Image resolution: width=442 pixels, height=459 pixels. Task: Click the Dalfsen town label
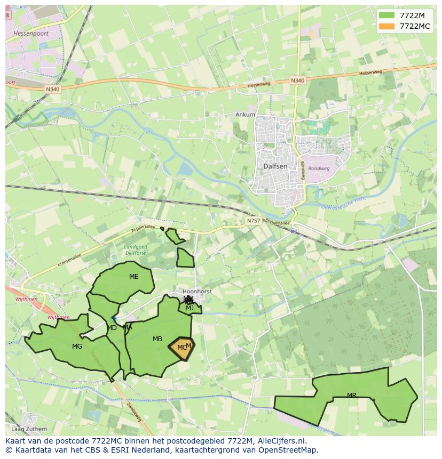276,166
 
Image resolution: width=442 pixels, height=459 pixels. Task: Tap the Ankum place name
246,115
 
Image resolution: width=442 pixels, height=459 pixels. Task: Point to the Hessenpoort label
28,32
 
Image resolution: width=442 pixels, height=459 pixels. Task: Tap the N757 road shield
252,220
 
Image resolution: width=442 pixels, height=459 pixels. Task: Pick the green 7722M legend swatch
387,15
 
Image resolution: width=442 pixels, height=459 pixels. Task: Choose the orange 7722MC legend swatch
387,26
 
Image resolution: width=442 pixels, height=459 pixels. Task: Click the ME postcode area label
133,276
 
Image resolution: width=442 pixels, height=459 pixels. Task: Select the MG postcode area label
77,347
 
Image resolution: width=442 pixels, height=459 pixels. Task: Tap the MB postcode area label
157,339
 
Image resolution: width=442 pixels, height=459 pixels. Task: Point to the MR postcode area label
352,395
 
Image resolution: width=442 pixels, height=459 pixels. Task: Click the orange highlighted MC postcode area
181,348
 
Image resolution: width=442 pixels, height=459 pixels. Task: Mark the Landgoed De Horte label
136,250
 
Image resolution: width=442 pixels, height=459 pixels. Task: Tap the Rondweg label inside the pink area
319,168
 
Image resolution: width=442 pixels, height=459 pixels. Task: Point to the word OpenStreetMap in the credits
288,450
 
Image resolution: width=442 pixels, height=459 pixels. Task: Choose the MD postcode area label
112,328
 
